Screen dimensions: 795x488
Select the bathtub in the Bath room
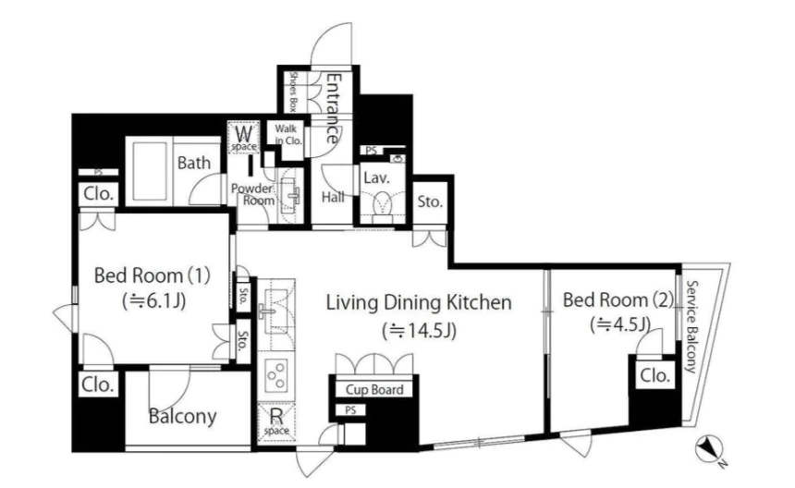(x=150, y=171)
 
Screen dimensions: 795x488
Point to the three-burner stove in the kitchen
(x=275, y=375)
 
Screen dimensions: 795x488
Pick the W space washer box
(x=244, y=137)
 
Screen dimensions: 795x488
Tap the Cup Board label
(x=374, y=390)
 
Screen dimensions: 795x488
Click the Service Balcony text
(x=691, y=327)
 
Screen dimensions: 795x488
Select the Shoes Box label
(x=292, y=91)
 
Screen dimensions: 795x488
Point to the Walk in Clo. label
(x=288, y=135)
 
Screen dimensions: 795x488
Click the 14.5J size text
(x=420, y=331)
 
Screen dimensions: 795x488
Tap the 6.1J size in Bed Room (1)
(x=153, y=301)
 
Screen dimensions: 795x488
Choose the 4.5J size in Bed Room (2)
(x=620, y=323)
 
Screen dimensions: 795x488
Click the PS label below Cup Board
(x=350, y=410)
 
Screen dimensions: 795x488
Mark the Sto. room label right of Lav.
(x=430, y=201)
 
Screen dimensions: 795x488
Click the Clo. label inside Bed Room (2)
(x=654, y=375)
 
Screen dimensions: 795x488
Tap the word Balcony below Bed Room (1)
(x=182, y=417)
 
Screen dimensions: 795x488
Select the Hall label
(x=333, y=197)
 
